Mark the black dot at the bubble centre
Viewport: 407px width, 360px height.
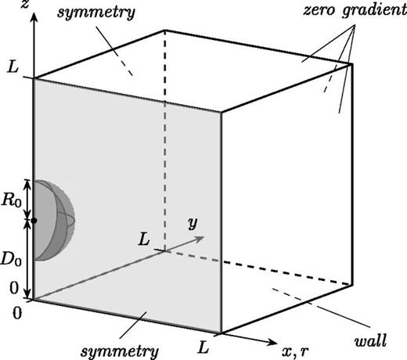click(33, 221)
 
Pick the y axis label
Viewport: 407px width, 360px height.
click(191, 223)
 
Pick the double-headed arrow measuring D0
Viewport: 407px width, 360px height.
click(29, 259)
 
